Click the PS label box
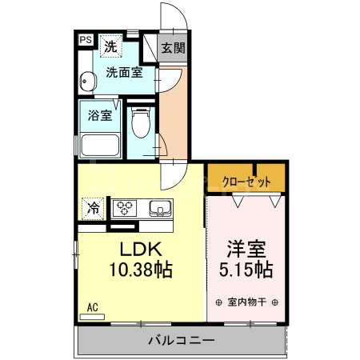tap(85, 39)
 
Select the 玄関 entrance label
tap(171, 48)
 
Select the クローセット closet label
tap(246, 181)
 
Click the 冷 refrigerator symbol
tap(93, 209)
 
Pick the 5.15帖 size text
tap(246, 269)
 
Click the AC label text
tap(92, 306)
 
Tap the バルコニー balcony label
tap(181, 341)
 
